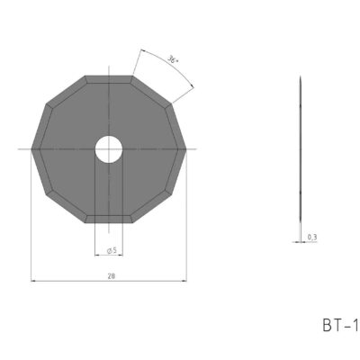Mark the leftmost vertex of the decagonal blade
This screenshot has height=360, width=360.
pos(31,148)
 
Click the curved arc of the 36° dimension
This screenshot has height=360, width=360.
pos(166,67)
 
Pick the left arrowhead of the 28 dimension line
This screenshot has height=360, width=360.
pos(33,279)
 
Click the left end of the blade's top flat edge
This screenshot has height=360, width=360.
pos(85,76)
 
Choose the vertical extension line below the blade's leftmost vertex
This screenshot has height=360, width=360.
pos(31,225)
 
